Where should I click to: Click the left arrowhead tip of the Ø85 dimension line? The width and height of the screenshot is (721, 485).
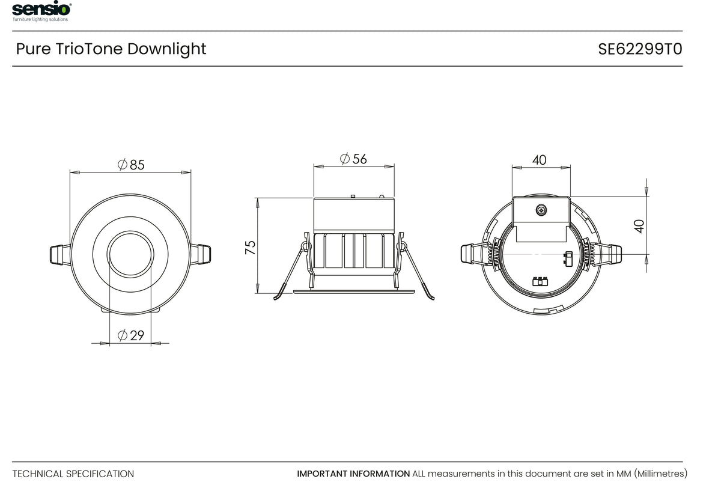pos(70,172)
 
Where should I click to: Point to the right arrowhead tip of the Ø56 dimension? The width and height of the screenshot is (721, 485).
pos(394,166)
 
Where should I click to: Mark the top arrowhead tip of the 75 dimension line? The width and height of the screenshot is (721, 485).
pos(258,198)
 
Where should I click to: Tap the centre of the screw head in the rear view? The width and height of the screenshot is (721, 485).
pos(541,210)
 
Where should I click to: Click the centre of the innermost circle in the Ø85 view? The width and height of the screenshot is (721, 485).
pos(130,254)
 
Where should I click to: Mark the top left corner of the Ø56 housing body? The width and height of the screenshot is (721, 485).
pos(314,198)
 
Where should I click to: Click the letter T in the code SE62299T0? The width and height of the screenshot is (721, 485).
pos(668,49)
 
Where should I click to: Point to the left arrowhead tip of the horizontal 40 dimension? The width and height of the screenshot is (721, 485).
pos(513,168)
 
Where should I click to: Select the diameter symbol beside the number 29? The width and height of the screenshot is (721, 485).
pos(123,335)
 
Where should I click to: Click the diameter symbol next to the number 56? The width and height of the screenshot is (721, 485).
pos(344,159)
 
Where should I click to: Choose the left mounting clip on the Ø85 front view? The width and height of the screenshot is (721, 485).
pos(60,255)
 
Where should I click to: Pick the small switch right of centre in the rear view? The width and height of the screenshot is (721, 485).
pos(568,259)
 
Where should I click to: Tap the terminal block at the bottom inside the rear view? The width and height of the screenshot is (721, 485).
pos(540,281)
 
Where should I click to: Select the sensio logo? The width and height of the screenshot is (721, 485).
pos(41,11)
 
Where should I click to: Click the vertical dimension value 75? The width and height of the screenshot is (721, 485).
pos(250,248)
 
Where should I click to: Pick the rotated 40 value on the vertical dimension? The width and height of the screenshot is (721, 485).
pos(639,226)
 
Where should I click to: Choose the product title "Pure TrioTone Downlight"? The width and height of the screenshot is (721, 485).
pos(111,49)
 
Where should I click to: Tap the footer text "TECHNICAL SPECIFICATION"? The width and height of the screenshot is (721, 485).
pos(73,474)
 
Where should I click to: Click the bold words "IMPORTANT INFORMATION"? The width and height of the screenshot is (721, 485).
pos(353,474)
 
